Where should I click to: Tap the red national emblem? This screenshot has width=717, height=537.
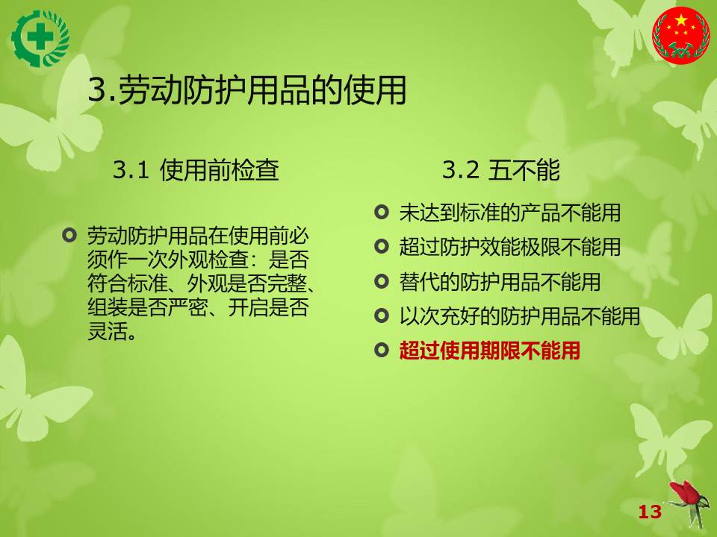click(x=681, y=35)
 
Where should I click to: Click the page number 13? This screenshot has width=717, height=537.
click(x=650, y=512)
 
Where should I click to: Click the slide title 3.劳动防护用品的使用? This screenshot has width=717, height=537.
click(x=247, y=89)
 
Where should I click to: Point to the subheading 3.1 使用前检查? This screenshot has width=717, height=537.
click(x=196, y=170)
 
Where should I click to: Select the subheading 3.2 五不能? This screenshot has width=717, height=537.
click(x=501, y=170)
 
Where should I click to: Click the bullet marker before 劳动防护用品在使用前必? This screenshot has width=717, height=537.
click(x=69, y=236)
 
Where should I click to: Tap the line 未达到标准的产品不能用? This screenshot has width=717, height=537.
click(x=510, y=213)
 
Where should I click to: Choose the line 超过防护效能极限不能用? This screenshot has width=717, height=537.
click(x=510, y=247)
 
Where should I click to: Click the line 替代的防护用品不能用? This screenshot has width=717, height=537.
click(x=500, y=282)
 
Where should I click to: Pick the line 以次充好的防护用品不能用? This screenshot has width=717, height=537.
click(x=520, y=316)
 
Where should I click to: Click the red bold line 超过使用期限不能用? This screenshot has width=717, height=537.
click(x=490, y=351)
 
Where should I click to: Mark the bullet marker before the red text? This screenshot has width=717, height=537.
click(x=382, y=351)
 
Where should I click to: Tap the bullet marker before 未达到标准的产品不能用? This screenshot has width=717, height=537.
click(x=382, y=213)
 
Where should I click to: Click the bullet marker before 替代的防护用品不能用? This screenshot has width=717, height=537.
click(x=382, y=282)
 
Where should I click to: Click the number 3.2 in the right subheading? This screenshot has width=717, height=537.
click(x=461, y=170)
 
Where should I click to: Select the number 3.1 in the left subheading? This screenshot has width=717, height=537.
click(x=131, y=170)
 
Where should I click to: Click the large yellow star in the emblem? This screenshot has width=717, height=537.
click(x=681, y=21)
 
